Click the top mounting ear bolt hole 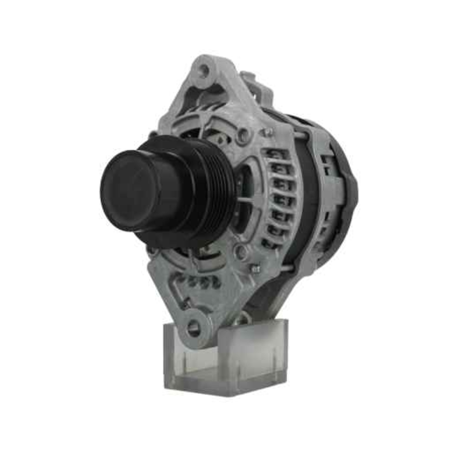click(x=204, y=70)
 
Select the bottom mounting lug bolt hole click(x=193, y=329)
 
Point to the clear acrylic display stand click(x=226, y=357)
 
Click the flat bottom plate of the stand click(x=226, y=386)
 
